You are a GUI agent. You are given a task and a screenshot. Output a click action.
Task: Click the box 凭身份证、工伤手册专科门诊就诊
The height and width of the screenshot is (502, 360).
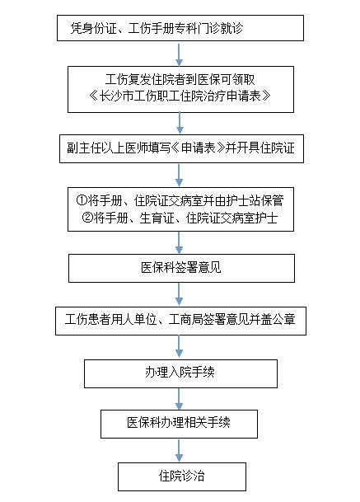pyautogui.click(x=180, y=28)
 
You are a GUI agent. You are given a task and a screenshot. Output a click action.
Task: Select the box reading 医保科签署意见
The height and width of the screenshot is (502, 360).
pyautogui.click(x=181, y=268)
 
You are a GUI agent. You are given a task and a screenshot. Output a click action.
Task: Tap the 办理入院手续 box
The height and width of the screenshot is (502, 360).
pyautogui.click(x=180, y=373)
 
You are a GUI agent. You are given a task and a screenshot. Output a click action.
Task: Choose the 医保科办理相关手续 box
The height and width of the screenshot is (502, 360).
pyautogui.click(x=179, y=424)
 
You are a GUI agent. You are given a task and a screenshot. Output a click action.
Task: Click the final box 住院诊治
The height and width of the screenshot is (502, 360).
pyautogui.click(x=182, y=476)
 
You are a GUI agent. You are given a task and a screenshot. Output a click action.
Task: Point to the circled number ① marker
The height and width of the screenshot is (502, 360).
pyautogui.click(x=82, y=201)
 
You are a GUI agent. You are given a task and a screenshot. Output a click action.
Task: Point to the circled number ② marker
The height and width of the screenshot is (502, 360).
pyautogui.click(x=87, y=218)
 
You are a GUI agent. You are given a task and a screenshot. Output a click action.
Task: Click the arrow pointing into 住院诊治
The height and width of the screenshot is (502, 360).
pyautogui.click(x=180, y=450)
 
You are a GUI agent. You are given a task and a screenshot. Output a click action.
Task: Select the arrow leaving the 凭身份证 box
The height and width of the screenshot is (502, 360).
pyautogui.click(x=180, y=54)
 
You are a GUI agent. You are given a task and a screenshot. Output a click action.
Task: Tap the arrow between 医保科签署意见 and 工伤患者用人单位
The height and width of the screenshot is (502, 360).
pyautogui.click(x=180, y=294)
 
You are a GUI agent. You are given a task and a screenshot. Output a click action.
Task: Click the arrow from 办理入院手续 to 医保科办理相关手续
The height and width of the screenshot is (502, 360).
pyautogui.click(x=180, y=399)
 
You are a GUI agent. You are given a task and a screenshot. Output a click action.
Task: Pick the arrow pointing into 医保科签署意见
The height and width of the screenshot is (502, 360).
pyautogui.click(x=180, y=242)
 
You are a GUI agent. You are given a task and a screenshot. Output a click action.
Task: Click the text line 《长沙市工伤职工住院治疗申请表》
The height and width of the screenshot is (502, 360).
pyautogui.click(x=180, y=96)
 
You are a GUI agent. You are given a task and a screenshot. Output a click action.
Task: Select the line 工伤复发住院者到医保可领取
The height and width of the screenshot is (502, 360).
pyautogui.click(x=180, y=79)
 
